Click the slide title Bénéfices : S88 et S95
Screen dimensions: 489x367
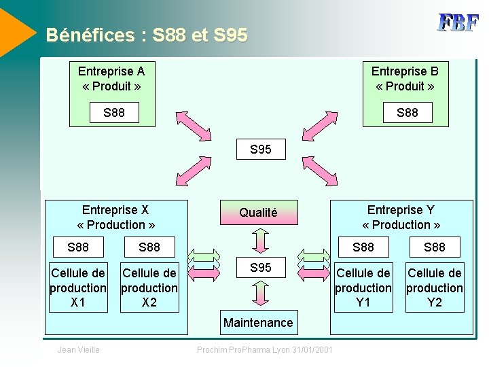147,35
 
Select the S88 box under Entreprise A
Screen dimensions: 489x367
114,113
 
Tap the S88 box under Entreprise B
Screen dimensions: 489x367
407,113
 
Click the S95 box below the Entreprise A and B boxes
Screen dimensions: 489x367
260,150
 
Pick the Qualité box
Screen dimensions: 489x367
258,213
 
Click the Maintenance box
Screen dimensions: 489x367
258,323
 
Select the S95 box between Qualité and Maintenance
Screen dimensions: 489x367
260,268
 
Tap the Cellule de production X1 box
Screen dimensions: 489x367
78,287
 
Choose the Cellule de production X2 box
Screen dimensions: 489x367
149,287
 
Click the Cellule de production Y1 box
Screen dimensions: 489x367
363,287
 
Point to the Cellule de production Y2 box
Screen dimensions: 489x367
435,287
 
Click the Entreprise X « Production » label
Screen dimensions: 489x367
116,217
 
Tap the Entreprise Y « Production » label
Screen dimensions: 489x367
401,217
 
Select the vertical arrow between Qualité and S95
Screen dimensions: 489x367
259,240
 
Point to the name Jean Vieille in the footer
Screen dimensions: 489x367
79,350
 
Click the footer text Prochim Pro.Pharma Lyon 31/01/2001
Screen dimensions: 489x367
264,350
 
